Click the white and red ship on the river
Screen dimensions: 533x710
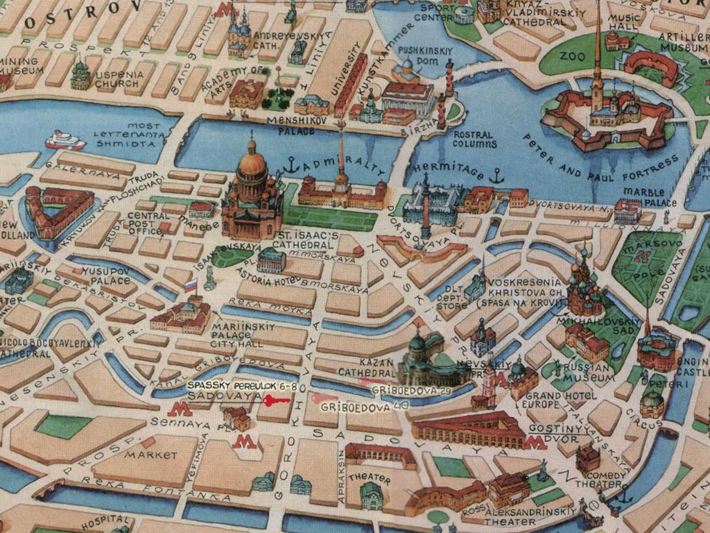65,141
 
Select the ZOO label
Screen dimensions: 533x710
572,56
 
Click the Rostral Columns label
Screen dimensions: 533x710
474,139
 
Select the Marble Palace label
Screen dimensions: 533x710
649,197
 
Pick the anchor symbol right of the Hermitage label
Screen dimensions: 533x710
496,176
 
